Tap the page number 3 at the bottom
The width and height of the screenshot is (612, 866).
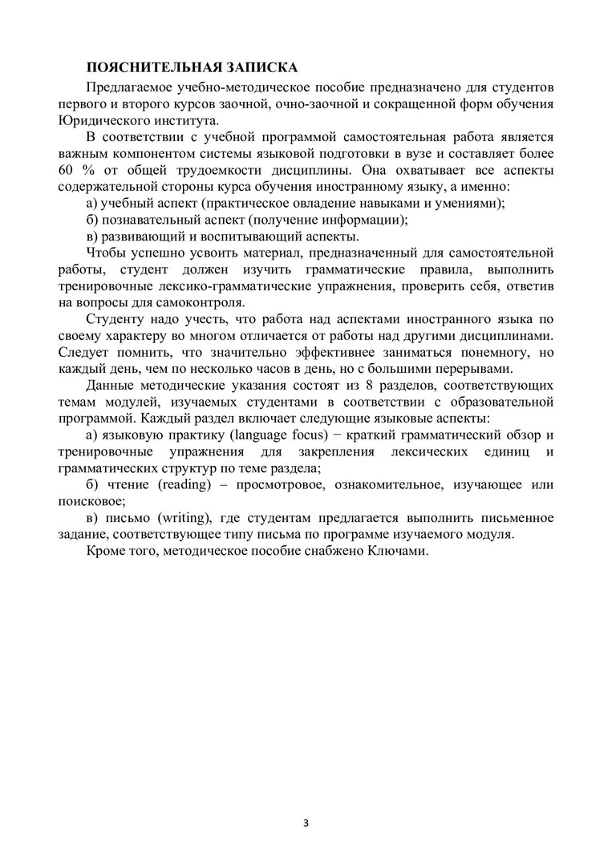click(306, 823)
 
